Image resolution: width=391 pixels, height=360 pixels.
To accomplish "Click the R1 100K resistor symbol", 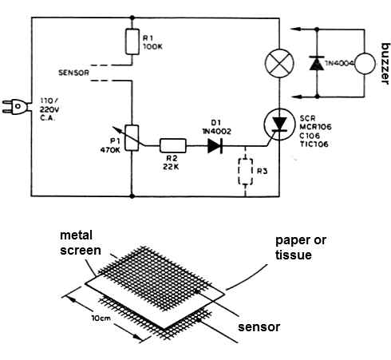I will click(130, 42).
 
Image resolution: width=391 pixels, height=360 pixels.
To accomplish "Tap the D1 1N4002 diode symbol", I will click(214, 145).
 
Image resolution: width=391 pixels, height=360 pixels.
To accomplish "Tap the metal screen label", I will click(81, 243).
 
